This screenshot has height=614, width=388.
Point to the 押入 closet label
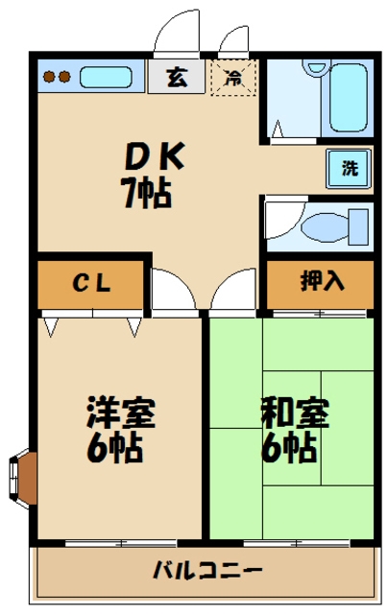(320, 282)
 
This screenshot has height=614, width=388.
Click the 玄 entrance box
(176, 75)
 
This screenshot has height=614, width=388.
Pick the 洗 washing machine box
(349, 169)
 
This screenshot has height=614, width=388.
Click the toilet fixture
(323, 227)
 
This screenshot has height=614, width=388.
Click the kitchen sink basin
(108, 75)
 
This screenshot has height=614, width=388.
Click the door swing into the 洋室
(173, 290)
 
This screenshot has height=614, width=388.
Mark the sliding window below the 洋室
(121, 543)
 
